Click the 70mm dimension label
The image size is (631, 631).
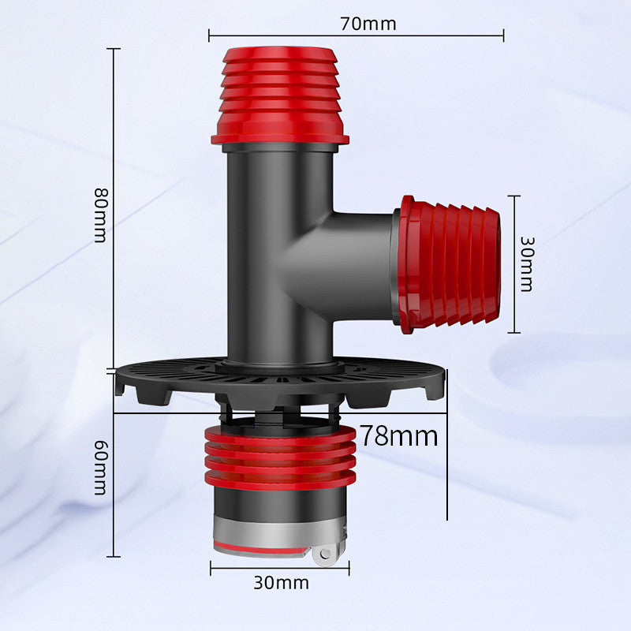click(368, 24)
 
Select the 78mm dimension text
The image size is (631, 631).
click(398, 436)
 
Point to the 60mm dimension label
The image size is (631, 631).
click(101, 467)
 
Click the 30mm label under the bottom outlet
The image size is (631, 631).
click(281, 582)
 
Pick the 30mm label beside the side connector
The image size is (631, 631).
click(526, 264)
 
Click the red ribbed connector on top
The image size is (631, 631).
click(280, 95)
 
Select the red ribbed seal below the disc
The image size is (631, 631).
click(280, 458)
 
